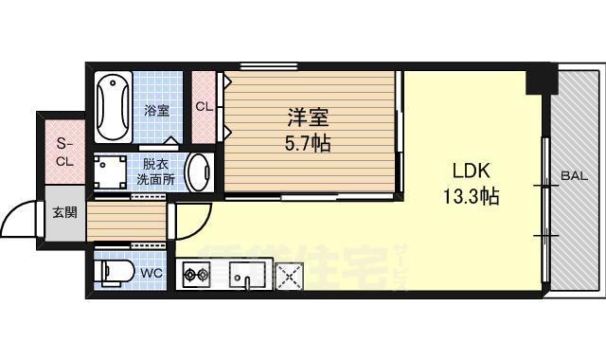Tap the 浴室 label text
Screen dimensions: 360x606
point(157,111)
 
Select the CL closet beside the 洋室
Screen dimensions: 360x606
point(204,106)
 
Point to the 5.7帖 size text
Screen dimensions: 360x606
point(308,145)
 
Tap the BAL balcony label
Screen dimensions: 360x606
point(572,175)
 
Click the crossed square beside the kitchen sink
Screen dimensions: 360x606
point(287,277)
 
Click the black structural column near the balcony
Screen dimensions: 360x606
point(540,81)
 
